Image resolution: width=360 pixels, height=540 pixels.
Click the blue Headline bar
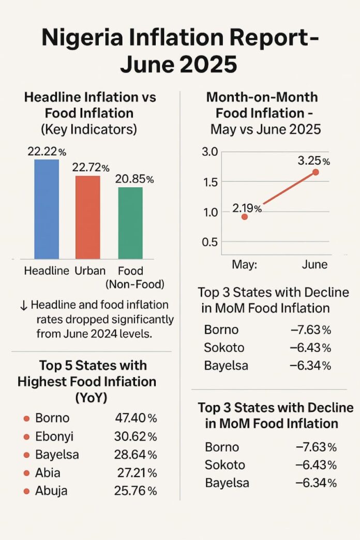[47, 209]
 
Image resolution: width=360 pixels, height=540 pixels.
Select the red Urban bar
[88, 217]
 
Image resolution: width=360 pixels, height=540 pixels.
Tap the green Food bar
[130, 222]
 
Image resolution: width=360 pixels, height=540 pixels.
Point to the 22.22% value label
[47, 152]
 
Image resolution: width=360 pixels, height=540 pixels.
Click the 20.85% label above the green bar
[134, 179]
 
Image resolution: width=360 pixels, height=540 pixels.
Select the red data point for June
[316, 172]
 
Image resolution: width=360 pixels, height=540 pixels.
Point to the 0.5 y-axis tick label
[213, 243]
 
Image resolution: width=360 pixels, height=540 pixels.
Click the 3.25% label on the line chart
[313, 160]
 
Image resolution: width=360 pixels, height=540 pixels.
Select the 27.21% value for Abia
[137, 472]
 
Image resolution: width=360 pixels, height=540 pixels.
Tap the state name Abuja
[51, 490]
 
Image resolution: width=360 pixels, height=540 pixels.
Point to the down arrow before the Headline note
[23, 306]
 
